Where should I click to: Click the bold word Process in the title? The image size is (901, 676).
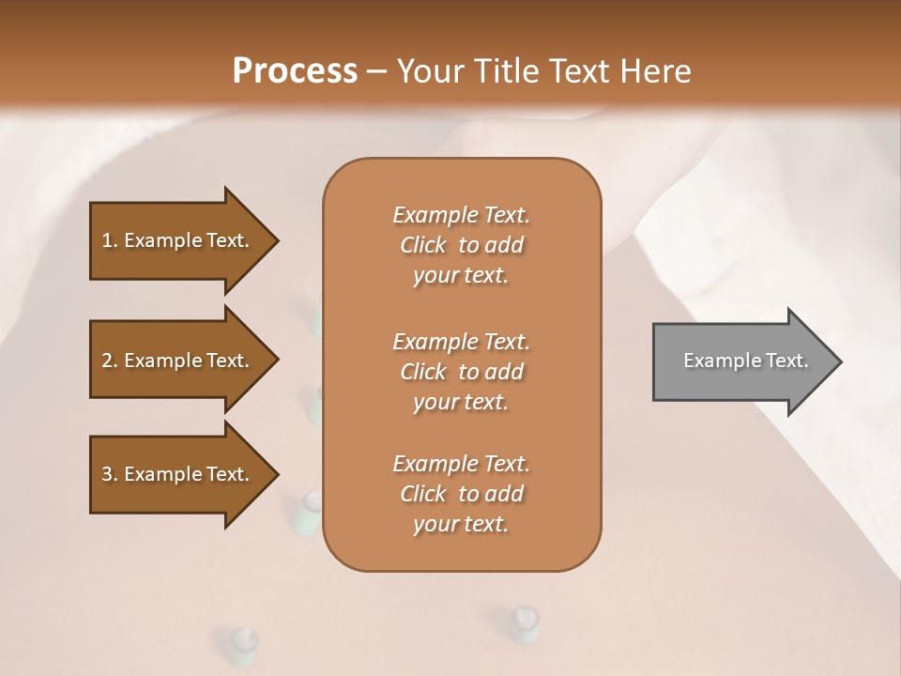[295, 71]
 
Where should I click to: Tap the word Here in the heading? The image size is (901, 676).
[654, 71]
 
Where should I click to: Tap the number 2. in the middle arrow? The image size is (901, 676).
[109, 361]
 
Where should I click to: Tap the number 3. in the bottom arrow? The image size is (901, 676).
[109, 474]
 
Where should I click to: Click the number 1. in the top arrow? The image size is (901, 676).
[109, 240]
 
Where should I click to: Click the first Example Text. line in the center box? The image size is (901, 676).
[461, 215]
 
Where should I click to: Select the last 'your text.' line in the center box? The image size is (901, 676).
[461, 525]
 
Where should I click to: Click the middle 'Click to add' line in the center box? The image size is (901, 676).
[461, 372]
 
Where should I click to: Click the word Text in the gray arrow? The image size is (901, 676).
[788, 361]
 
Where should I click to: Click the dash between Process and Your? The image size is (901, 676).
[377, 71]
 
